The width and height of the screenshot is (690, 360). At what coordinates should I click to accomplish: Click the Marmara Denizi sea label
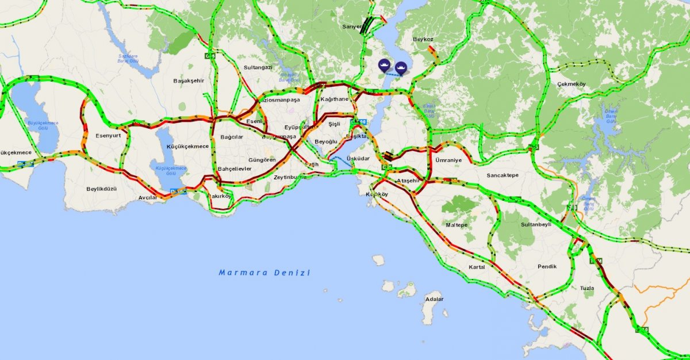click(x=264, y=273)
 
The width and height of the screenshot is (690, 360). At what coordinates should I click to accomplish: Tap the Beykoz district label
click(x=423, y=39)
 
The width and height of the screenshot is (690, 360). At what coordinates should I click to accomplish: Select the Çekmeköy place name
click(x=571, y=84)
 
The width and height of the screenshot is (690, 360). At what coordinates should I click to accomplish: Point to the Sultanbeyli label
click(x=536, y=225)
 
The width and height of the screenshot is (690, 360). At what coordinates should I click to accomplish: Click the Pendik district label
click(x=547, y=266)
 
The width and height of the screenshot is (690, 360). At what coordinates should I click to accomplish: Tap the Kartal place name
click(x=477, y=267)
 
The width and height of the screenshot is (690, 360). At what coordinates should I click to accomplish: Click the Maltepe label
click(x=457, y=225)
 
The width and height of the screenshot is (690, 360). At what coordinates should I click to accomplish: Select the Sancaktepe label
click(x=503, y=175)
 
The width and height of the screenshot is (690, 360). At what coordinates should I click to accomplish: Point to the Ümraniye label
click(x=448, y=159)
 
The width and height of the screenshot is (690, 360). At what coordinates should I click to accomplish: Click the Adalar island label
click(x=434, y=299)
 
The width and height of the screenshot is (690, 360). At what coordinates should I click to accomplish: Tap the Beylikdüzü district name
click(x=101, y=189)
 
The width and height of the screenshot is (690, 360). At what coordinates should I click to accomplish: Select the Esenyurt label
click(x=108, y=136)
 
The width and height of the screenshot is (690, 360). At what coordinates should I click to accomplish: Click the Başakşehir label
click(x=189, y=81)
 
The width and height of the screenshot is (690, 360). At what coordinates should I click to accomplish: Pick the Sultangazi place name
click(x=258, y=67)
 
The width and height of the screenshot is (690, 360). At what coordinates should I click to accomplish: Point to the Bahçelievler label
click(x=235, y=168)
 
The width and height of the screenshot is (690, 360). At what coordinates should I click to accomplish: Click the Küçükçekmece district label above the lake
click(x=187, y=146)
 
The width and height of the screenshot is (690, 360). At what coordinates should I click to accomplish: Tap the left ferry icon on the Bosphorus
click(x=384, y=66)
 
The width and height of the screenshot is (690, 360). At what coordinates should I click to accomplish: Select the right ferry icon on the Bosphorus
click(x=401, y=67)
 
